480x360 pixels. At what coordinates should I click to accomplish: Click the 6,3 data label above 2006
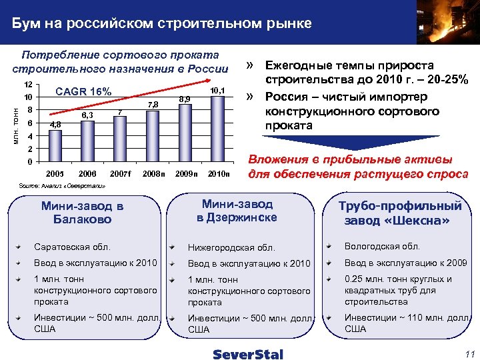pos(87,115)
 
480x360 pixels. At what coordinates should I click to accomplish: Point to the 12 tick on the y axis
pos(28,85)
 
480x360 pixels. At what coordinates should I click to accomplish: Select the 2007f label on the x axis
pos(120,174)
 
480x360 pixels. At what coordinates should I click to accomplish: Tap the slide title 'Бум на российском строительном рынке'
pos(161,24)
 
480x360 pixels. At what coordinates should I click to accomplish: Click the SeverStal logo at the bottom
pos(248,353)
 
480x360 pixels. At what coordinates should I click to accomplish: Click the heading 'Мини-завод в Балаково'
pos(82,212)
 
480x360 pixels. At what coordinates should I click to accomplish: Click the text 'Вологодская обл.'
pos(381,246)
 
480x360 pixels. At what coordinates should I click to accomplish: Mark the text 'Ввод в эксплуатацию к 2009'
pos(405,263)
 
